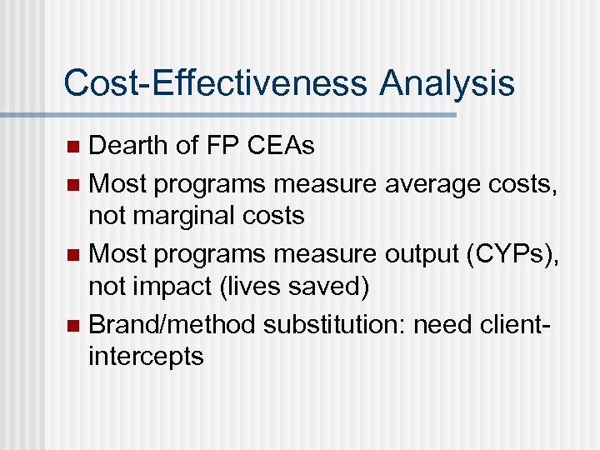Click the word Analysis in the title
(447, 83)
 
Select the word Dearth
(128, 146)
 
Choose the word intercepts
(146, 357)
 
